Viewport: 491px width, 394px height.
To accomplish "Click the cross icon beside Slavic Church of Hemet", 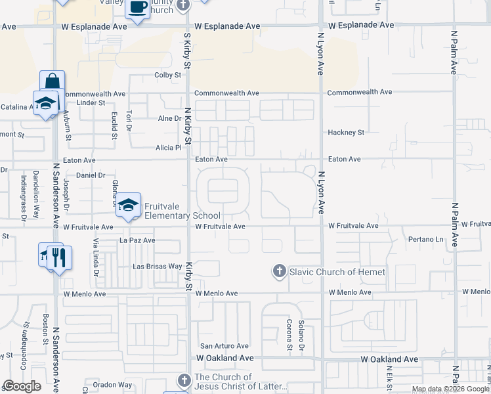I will coord(279,271).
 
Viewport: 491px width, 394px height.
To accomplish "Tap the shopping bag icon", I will coord(52,82).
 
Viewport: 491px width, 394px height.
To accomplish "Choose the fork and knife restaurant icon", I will coord(59,257).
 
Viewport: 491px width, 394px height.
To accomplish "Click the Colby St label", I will coord(167,76).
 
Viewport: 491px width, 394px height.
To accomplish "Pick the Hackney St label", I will coord(346,133).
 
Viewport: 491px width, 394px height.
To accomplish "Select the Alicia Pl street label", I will coord(168,148).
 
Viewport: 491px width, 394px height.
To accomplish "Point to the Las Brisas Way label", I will coord(157,267).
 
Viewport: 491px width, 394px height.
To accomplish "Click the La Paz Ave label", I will coord(137,240).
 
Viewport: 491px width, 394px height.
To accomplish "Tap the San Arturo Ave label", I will coord(224,346).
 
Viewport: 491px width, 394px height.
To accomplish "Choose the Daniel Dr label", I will coord(91,175).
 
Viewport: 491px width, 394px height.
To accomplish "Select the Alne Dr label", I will coord(169,118).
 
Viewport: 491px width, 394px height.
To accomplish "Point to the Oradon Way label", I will coord(112,385).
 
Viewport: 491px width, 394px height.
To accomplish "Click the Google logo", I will coord(21,386).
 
